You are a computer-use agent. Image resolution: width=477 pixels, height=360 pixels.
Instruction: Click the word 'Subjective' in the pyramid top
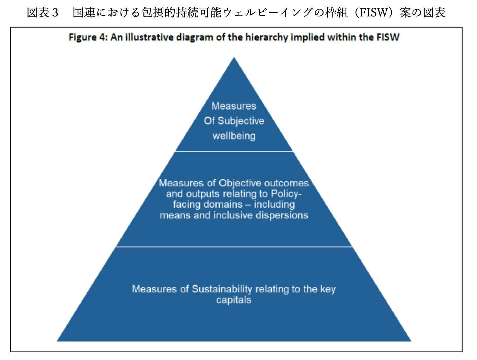point(241,121)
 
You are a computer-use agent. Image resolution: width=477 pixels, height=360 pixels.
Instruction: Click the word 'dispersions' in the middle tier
point(282,216)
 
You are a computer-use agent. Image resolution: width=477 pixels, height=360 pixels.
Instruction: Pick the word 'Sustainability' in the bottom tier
point(222,289)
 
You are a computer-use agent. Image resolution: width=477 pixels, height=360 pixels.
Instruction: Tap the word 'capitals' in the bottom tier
point(234,300)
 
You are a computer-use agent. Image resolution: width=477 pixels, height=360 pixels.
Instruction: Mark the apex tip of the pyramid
point(234,57)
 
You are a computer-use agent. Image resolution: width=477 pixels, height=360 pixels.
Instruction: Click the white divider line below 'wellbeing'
point(234,151)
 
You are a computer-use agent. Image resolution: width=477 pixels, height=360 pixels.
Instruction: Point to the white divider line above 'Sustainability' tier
point(234,246)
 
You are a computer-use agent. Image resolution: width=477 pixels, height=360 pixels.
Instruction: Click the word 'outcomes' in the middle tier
point(287,183)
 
